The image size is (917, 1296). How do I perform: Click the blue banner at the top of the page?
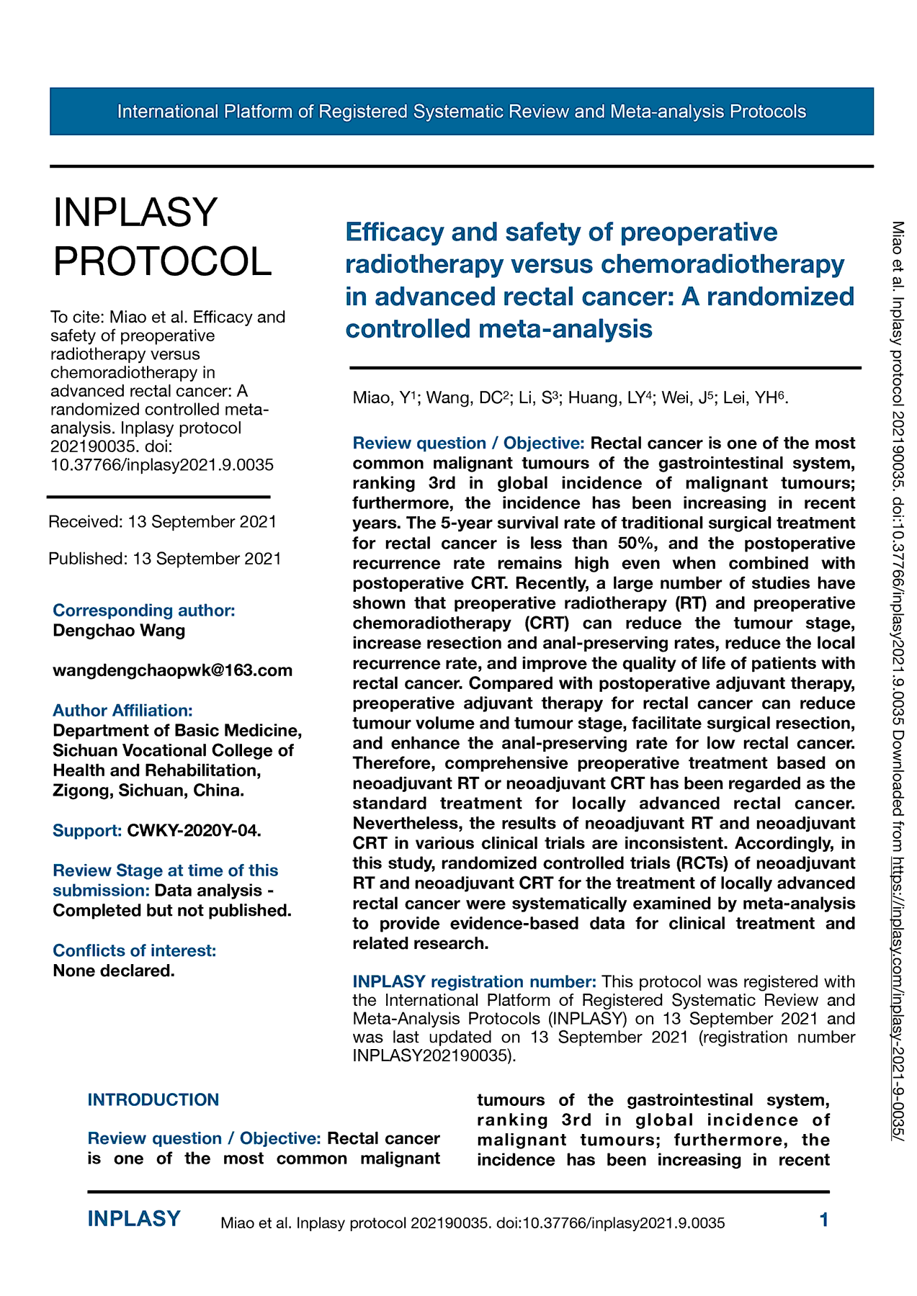click(x=461, y=112)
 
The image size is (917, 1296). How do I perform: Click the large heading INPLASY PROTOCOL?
click(x=162, y=236)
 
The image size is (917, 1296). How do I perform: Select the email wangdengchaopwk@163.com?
click(x=173, y=670)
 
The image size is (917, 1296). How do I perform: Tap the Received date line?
click(x=163, y=521)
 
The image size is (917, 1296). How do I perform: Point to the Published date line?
click(x=165, y=559)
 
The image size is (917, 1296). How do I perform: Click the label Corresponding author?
click(x=144, y=611)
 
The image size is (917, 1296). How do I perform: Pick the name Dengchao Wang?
click(x=119, y=631)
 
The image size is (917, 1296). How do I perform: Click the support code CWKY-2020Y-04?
click(x=193, y=830)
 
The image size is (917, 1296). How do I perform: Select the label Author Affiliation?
click(x=122, y=711)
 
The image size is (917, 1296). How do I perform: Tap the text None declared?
click(x=114, y=971)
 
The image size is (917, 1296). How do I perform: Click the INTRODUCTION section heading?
click(x=153, y=1099)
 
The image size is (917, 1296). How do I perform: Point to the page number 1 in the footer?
click(x=824, y=1220)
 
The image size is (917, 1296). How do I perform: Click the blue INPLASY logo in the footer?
click(x=134, y=1219)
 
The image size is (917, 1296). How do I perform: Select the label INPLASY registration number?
click(x=474, y=981)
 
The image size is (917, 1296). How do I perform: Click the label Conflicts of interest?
click(x=134, y=950)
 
